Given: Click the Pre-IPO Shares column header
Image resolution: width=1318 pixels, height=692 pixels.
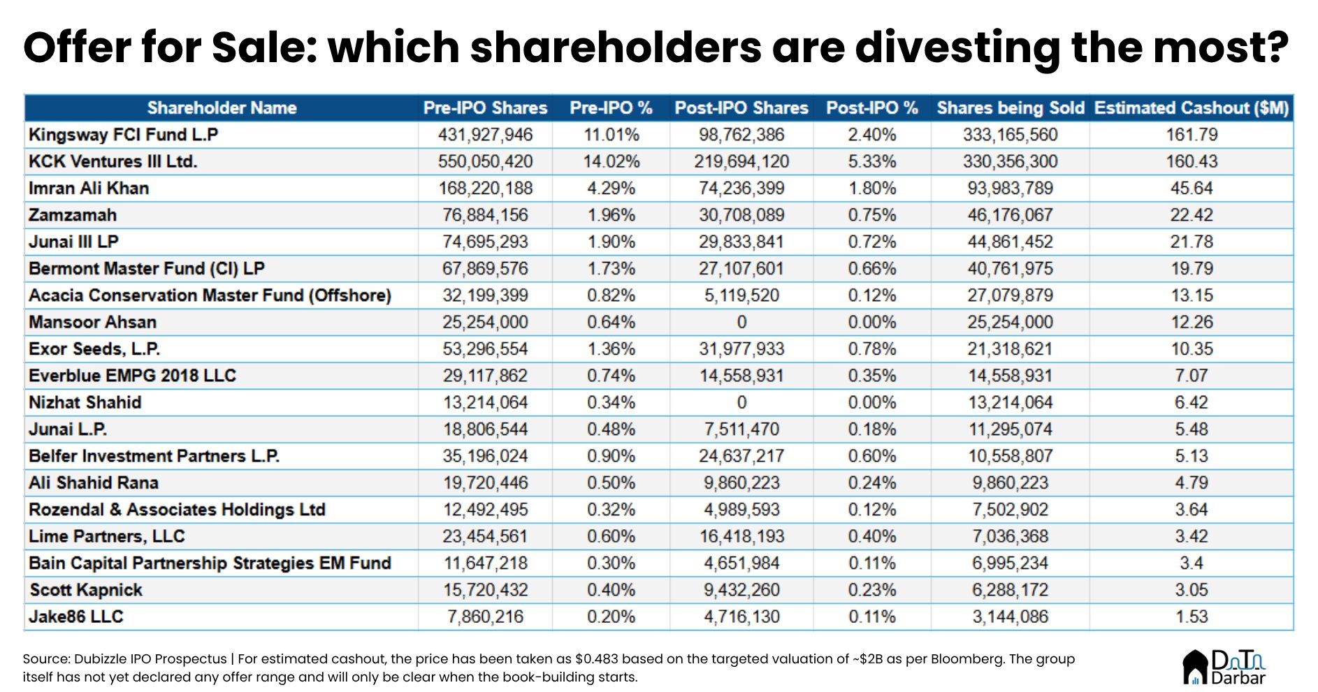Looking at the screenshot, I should pos(485,108).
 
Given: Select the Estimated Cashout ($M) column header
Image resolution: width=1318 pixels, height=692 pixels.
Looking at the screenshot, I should pos(1191,108).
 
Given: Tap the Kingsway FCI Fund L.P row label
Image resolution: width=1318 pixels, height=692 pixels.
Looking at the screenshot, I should pos(123,135).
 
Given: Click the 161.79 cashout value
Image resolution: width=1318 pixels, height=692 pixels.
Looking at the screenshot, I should pos(1191,135).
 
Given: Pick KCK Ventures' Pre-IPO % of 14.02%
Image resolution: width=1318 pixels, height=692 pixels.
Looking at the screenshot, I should pos(611,161).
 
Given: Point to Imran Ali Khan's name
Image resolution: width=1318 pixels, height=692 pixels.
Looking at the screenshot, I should pos(89,189).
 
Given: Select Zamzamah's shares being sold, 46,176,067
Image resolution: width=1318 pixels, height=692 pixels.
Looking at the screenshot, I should pos(1010,215).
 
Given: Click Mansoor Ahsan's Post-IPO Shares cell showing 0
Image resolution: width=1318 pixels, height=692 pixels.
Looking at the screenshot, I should pos(741,323).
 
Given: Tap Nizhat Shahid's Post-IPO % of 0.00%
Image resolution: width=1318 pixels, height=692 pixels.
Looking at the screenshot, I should pos(871,403).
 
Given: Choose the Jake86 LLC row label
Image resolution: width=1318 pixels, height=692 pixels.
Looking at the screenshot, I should pos(75,617).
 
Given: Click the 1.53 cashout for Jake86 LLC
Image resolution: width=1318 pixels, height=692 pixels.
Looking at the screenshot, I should pos(1191,617).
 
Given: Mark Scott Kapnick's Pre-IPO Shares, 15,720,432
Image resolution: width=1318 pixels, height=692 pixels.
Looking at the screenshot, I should pos(485,590).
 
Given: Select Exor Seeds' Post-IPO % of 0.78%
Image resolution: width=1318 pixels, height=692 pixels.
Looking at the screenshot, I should pos(871,349).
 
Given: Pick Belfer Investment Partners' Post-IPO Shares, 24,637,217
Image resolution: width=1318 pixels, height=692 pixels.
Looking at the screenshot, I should pos(741,457).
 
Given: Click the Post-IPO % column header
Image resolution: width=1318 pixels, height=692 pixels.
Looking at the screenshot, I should pos(871,108).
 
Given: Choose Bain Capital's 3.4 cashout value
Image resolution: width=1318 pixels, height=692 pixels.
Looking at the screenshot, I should pos(1191,564).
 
